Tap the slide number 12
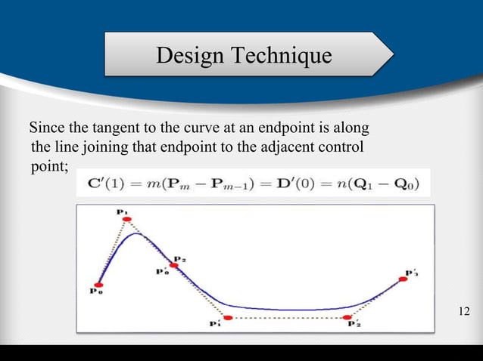(x=464, y=311)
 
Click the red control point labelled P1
(x=127, y=220)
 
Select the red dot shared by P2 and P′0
(x=174, y=265)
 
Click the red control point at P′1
(x=226, y=317)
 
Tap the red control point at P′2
(x=347, y=317)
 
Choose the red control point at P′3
(x=403, y=279)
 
